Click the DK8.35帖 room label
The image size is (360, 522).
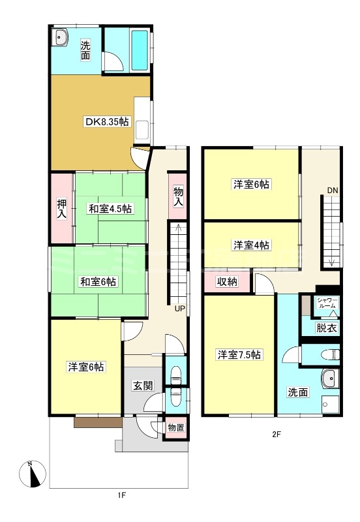(106, 122)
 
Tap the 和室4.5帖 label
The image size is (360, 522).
(110, 209)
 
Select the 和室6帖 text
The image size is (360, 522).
(98, 282)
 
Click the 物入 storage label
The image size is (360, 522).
(177, 196)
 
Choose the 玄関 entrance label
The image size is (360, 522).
(143, 386)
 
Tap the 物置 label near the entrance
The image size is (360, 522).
(175, 427)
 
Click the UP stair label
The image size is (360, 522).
(179, 309)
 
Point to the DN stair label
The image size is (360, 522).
(333, 190)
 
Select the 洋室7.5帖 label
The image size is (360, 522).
(239, 355)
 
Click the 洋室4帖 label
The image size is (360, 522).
(252, 245)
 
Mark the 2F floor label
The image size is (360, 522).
(277, 434)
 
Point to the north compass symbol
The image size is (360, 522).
(32, 474)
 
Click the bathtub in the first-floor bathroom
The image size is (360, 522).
(140, 50)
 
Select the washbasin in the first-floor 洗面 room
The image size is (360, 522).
(61, 37)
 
